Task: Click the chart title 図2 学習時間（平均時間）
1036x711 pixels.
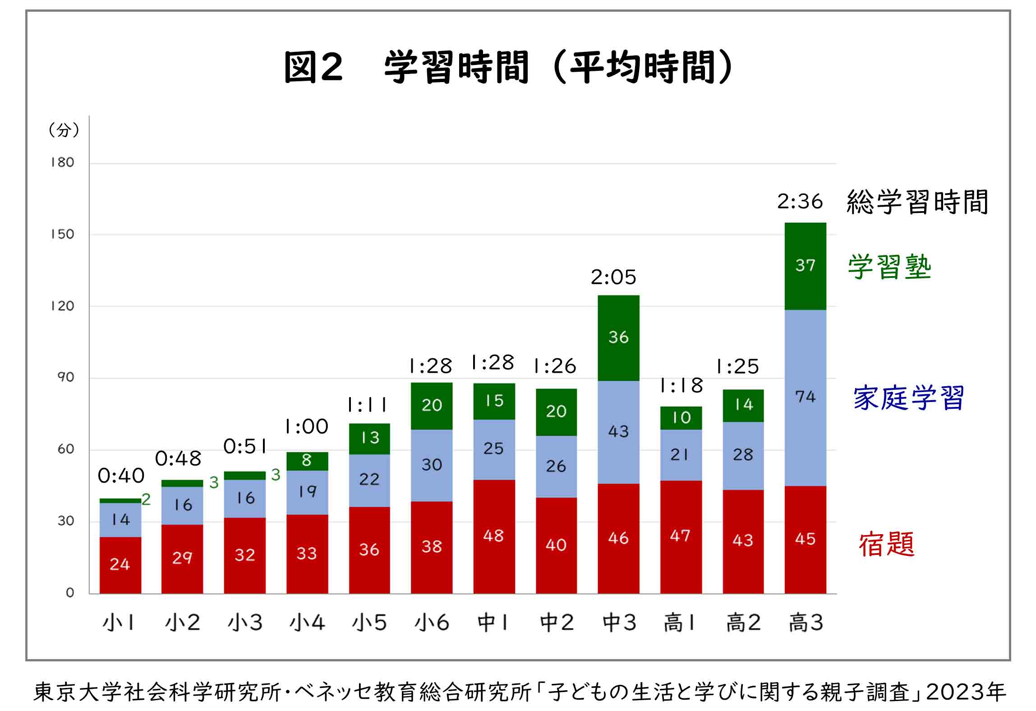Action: (x=508, y=68)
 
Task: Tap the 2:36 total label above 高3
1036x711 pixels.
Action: (x=800, y=202)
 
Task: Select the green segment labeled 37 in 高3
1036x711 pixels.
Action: (x=805, y=266)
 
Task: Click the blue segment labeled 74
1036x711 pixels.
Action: (x=805, y=397)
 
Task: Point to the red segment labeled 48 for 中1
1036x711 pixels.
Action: (x=493, y=536)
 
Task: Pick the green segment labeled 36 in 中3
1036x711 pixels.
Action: (x=618, y=337)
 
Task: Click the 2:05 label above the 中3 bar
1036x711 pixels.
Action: (x=613, y=277)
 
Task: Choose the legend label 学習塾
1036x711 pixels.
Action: (x=889, y=267)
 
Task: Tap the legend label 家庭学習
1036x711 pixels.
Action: (x=908, y=398)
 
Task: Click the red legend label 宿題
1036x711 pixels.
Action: (x=886, y=545)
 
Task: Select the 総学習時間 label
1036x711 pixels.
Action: (x=917, y=202)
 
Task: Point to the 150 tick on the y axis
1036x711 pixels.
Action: (x=62, y=234)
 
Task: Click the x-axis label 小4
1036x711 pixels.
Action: (x=307, y=623)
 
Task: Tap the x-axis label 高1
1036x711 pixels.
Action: (x=680, y=623)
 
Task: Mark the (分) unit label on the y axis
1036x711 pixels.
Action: (x=64, y=130)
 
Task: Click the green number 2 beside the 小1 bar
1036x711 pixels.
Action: (x=146, y=499)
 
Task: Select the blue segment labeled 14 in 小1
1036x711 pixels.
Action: (x=120, y=520)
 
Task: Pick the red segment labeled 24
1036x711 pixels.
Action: (x=120, y=564)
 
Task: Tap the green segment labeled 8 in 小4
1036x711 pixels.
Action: (x=307, y=461)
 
